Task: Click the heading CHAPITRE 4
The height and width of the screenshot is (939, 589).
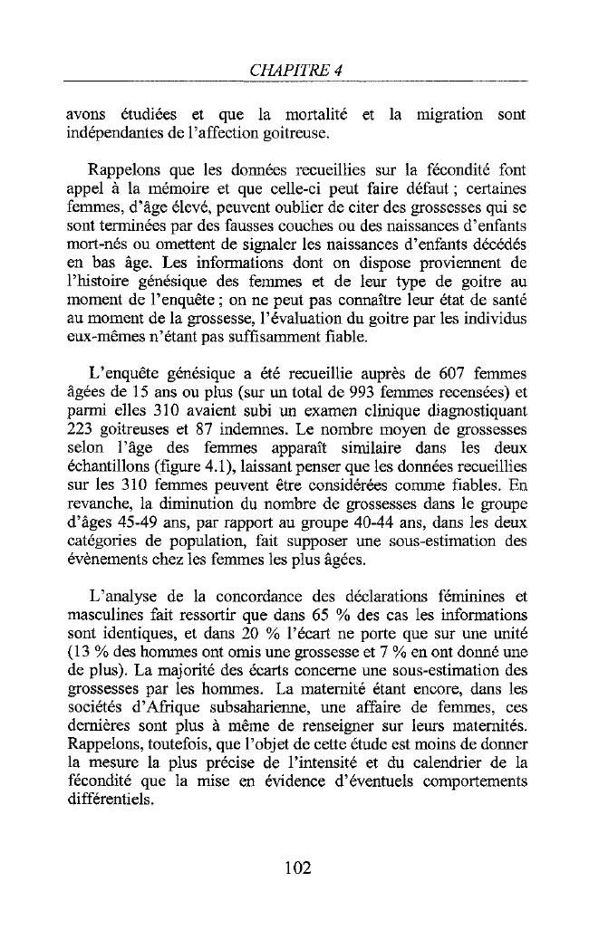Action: (x=294, y=70)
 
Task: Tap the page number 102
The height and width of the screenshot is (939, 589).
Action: (x=297, y=867)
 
